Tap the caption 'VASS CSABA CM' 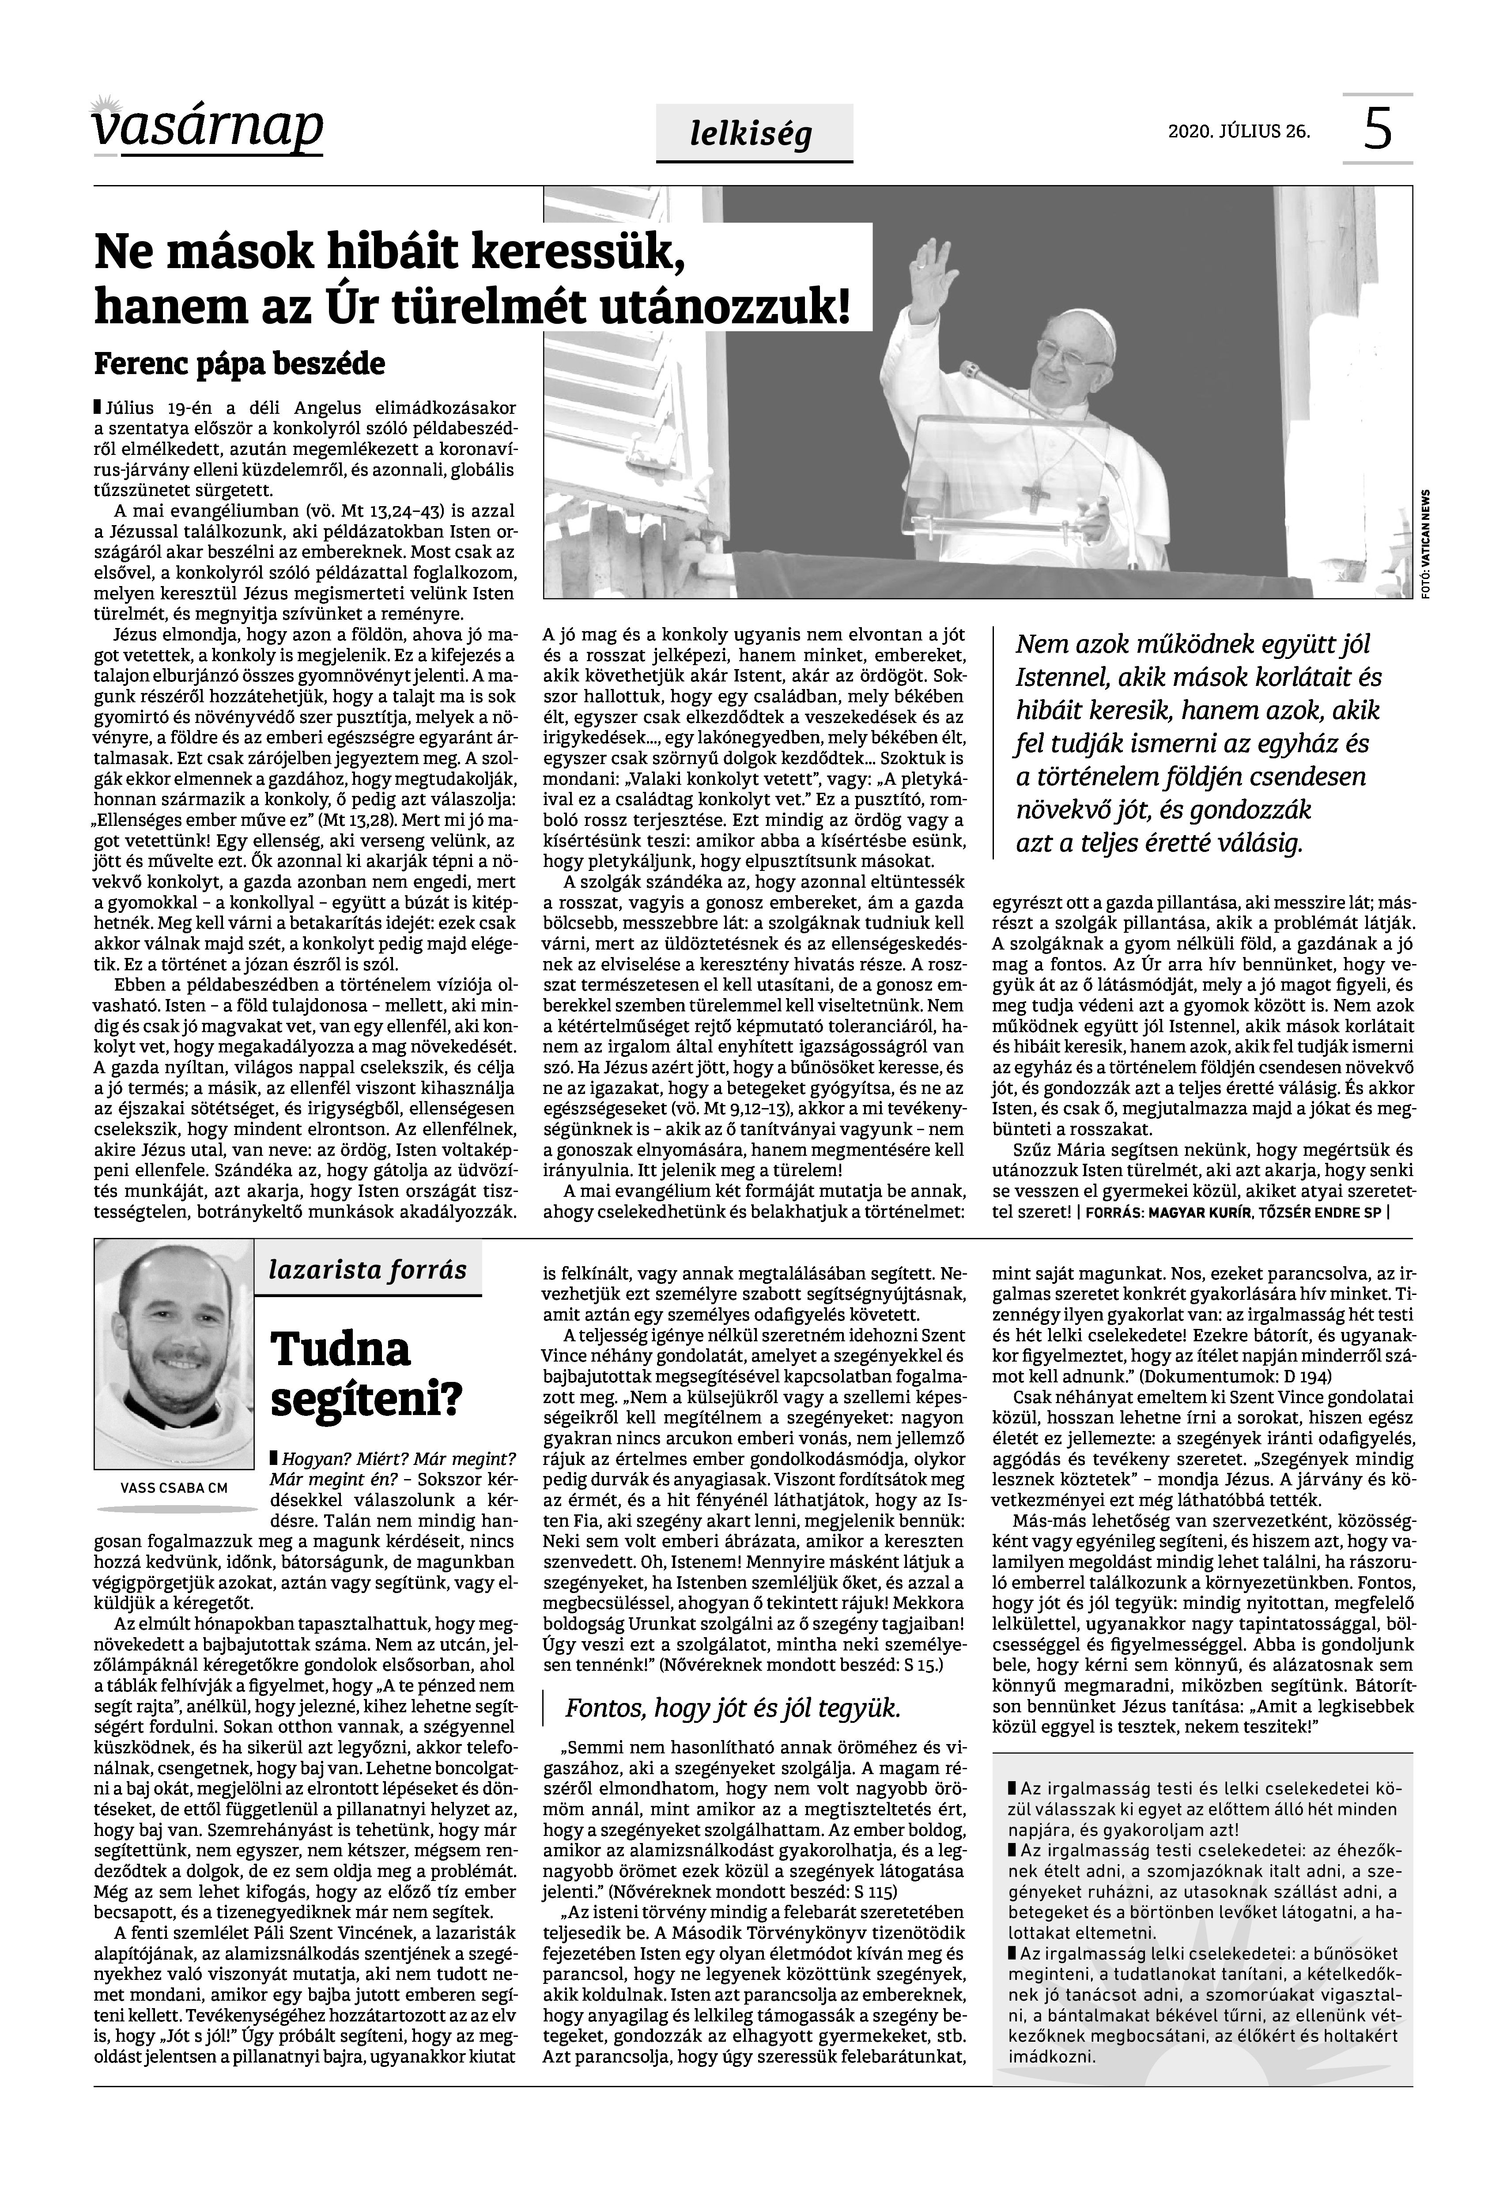[174, 1488]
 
